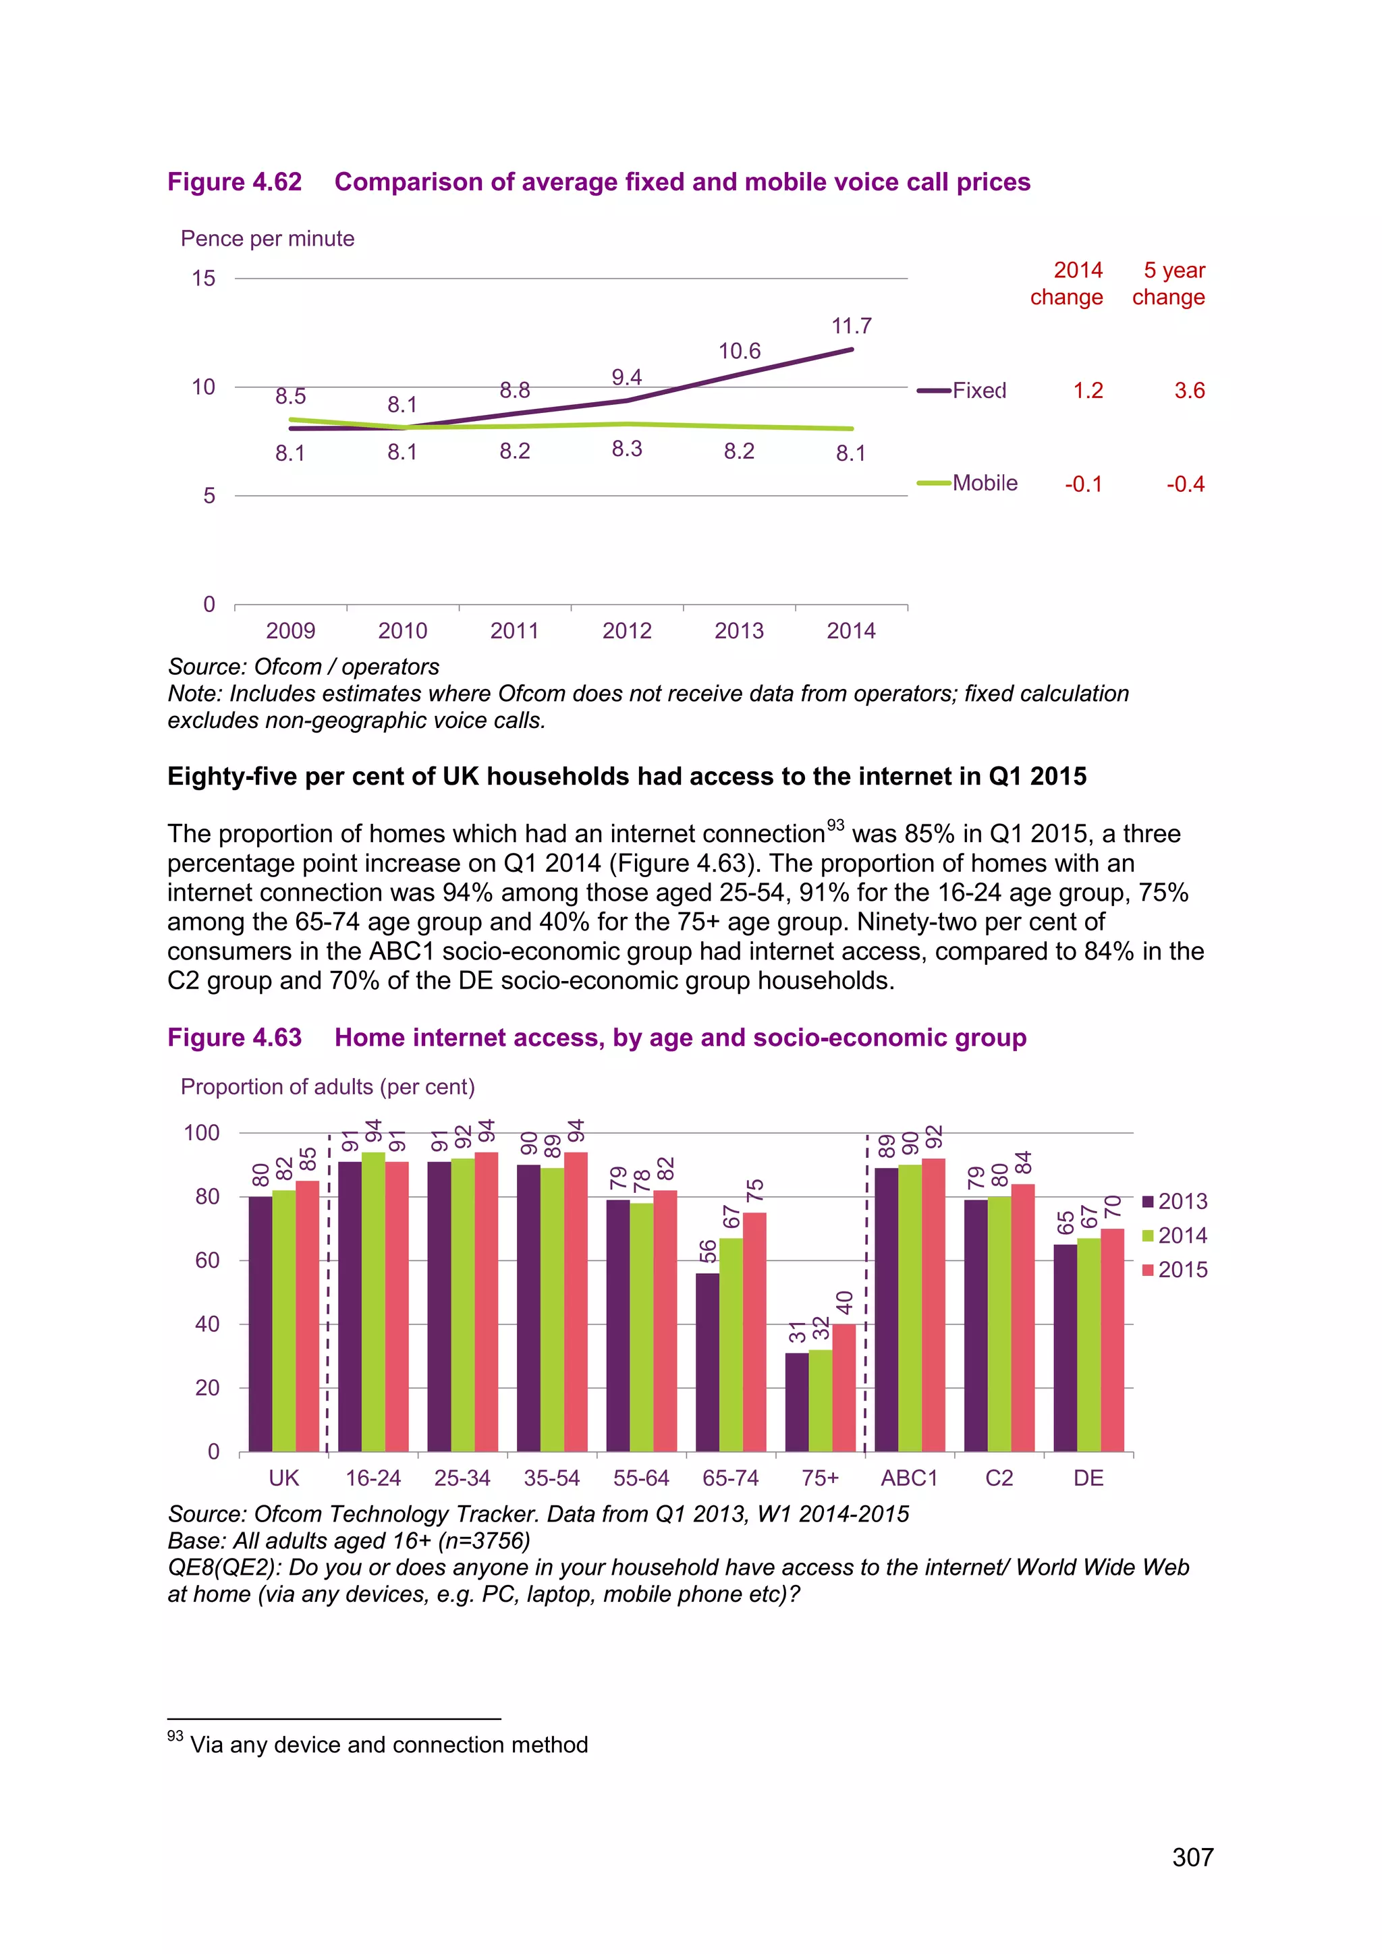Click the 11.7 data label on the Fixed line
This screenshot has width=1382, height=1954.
(851, 326)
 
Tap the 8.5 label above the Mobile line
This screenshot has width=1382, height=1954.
(290, 397)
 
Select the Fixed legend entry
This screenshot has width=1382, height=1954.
(978, 391)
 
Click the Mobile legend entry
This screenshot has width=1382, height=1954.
(984, 483)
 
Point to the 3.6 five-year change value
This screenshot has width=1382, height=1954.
(1189, 391)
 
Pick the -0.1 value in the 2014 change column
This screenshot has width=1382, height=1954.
(1083, 484)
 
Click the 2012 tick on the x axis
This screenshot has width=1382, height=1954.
(626, 631)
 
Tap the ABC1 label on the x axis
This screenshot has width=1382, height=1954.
(909, 1478)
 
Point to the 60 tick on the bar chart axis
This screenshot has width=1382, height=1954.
(206, 1260)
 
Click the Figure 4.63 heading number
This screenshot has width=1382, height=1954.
(234, 1038)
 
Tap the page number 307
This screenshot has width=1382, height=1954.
(1192, 1857)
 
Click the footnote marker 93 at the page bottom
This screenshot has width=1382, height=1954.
(175, 1735)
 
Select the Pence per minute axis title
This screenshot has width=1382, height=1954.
(267, 238)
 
